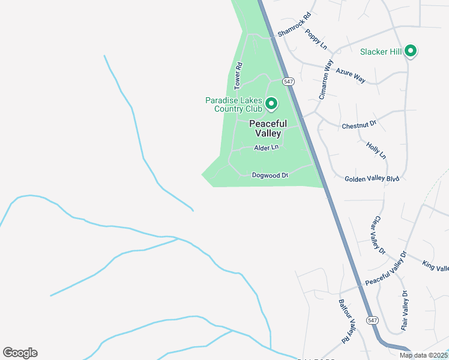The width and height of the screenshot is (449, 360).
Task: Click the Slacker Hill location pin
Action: click(x=411, y=51)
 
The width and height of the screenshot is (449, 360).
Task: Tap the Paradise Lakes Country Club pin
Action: click(x=271, y=104)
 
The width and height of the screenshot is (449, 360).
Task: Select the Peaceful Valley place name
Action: click(x=268, y=128)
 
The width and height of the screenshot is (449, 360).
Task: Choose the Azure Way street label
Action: click(x=351, y=74)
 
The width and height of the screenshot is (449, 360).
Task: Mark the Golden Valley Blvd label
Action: click(x=372, y=178)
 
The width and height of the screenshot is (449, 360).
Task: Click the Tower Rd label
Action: click(x=238, y=76)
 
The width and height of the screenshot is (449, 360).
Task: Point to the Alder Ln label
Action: click(x=267, y=148)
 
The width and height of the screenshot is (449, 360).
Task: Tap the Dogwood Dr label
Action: click(x=270, y=175)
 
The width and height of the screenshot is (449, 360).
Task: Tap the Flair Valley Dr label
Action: click(x=405, y=311)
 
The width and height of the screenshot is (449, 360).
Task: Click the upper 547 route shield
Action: click(x=289, y=81)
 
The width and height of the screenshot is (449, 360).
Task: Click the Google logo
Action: click(x=20, y=353)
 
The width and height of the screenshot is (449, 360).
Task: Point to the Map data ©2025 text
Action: click(x=423, y=355)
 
